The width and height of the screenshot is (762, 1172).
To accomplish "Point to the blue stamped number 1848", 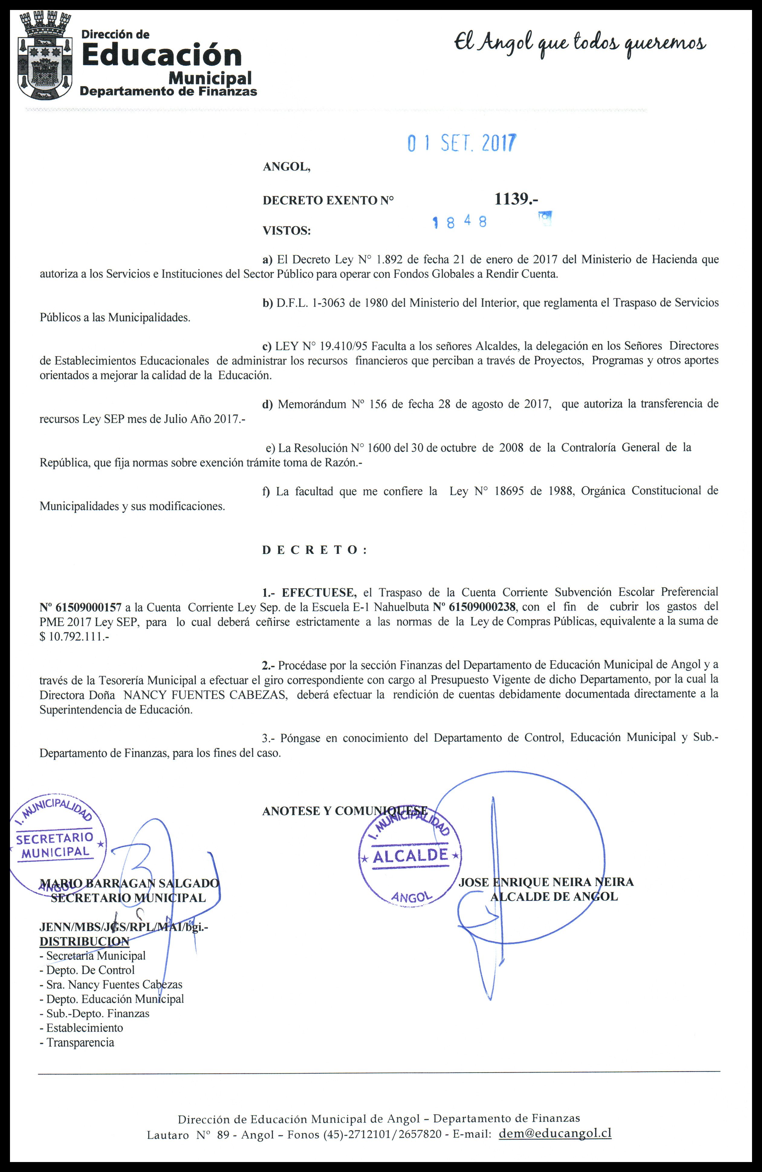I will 459,222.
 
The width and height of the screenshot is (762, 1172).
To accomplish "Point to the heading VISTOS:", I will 287,230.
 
